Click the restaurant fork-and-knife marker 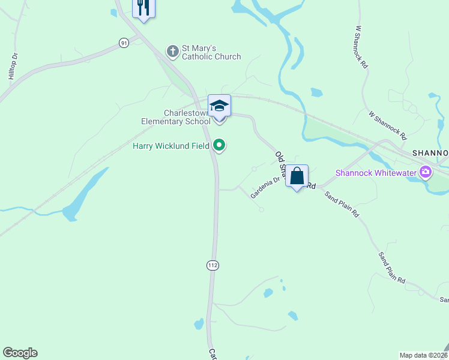143,8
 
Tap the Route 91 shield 124,43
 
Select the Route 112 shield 212,265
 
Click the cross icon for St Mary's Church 173,51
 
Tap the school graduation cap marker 219,106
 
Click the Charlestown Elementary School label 176,117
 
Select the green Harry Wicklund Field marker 220,145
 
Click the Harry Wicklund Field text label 170,145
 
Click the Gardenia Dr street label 265,187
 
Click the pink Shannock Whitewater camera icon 426,173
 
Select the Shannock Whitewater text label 377,173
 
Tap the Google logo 20,353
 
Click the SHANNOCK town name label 430,153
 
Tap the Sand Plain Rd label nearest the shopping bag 342,203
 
